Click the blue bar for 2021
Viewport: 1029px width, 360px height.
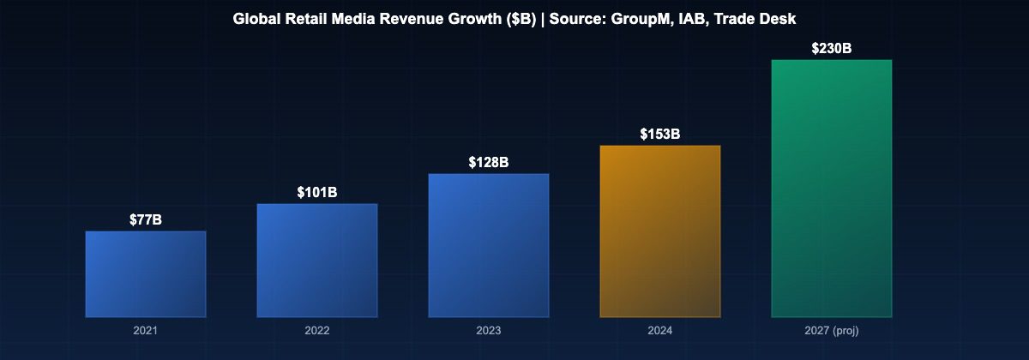146,274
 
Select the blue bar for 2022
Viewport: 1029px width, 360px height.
317,261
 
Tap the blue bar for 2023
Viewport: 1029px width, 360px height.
489,245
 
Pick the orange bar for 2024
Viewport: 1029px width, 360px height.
660,231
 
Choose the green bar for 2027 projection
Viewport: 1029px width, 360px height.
832,189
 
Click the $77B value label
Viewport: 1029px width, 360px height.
146,220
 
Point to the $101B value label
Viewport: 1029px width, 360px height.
317,193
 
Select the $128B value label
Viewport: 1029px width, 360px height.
489,163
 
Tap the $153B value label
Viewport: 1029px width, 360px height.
660,135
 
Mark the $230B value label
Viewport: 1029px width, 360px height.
832,49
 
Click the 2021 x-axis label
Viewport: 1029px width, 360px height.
146,330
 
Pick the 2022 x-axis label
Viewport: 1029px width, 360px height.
317,330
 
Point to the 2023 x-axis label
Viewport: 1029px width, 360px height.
489,330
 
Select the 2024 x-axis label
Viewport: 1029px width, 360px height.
660,330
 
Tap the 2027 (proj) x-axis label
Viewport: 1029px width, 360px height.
832,330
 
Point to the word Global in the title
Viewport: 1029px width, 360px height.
255,19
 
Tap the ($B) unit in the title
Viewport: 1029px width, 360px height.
520,19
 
